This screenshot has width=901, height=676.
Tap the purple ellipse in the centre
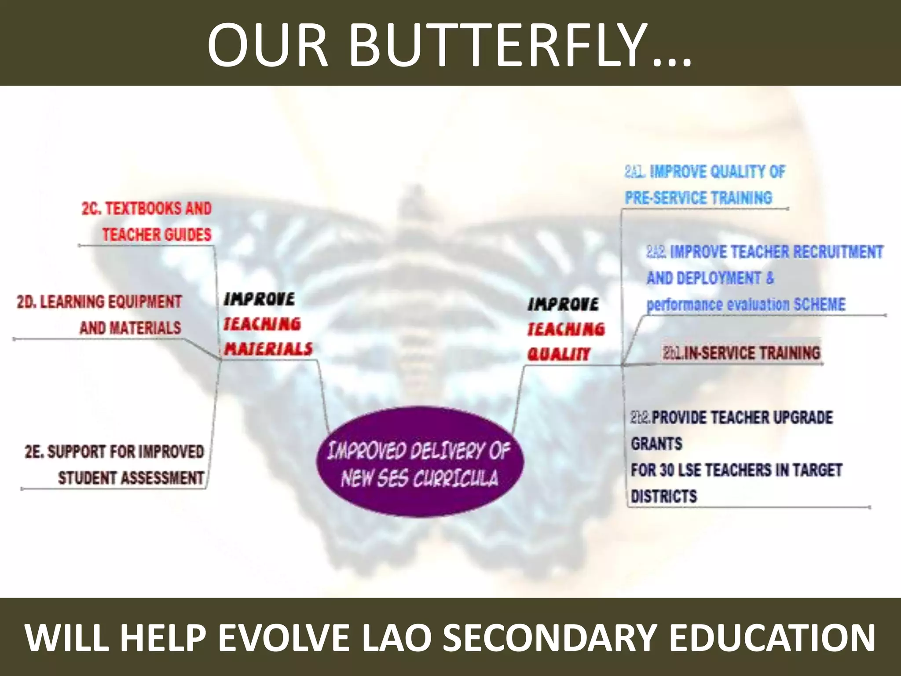pyautogui.click(x=420, y=462)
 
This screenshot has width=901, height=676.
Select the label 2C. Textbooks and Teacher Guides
pyautogui.click(x=147, y=221)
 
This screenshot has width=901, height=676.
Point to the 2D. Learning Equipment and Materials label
pyautogui.click(x=99, y=315)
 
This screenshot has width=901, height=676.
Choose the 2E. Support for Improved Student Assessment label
pyautogui.click(x=115, y=465)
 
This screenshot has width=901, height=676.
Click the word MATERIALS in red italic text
pyautogui.click(x=268, y=349)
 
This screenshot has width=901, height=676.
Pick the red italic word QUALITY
pyautogui.click(x=559, y=354)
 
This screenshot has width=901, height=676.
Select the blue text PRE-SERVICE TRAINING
pyautogui.click(x=699, y=198)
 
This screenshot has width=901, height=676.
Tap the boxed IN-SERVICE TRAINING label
pyautogui.click(x=742, y=353)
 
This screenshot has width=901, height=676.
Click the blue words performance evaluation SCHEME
pyautogui.click(x=746, y=304)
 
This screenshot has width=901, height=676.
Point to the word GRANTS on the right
pyautogui.click(x=656, y=444)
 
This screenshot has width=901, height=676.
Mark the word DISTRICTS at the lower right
pyautogui.click(x=664, y=496)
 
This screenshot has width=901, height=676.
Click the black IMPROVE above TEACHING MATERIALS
pyautogui.click(x=259, y=299)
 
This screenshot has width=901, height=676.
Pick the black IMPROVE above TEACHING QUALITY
pyautogui.click(x=563, y=304)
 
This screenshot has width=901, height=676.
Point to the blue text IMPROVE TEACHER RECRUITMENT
pyautogui.click(x=776, y=252)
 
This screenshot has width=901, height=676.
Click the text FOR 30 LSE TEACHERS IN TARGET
pyautogui.click(x=736, y=470)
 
